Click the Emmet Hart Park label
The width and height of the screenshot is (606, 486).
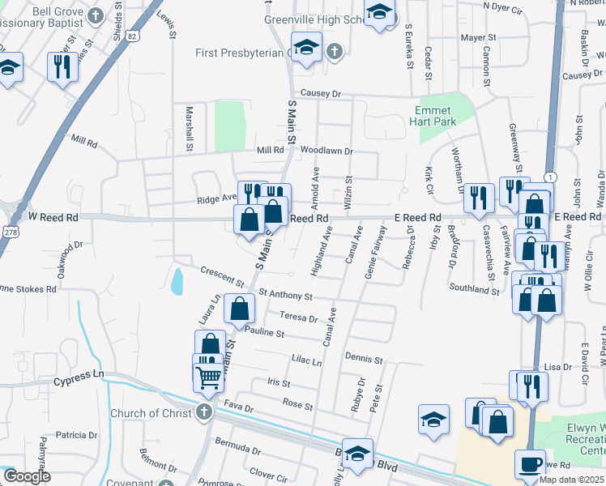coord(436,116)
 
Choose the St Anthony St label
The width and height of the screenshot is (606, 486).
coord(286,296)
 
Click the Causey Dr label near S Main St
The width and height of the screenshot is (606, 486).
coord(318,93)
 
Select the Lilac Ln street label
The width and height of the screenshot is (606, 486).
coord(306,362)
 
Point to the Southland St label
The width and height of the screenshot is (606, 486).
coord(475,288)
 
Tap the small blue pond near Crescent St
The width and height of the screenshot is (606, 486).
coord(177,281)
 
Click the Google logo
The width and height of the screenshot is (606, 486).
coord(27,476)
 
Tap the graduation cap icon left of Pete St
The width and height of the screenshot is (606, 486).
coord(433,420)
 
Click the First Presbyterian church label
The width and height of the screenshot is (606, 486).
coord(241,53)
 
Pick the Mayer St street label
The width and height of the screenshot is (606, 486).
coord(478,37)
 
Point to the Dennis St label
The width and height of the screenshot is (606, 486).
coord(363,358)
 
